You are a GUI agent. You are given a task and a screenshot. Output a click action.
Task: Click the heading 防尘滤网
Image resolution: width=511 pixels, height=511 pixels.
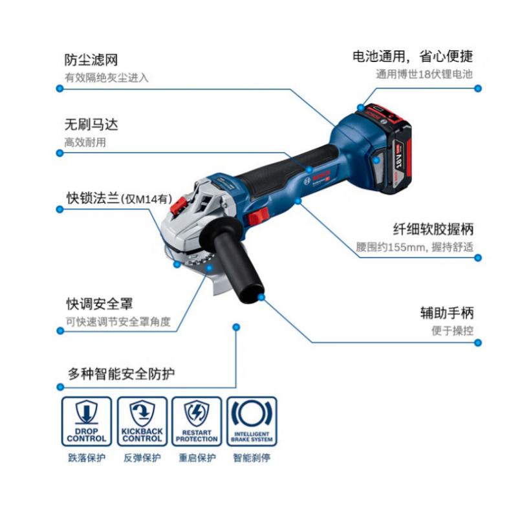click(x=91, y=60)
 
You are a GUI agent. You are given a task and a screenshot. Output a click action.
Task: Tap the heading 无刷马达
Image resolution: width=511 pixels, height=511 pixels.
click(x=91, y=124)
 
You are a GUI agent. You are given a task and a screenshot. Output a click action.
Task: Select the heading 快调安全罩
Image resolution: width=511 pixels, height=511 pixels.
click(x=100, y=304)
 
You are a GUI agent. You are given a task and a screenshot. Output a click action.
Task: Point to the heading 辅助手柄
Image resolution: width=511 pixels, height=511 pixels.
click(x=447, y=313)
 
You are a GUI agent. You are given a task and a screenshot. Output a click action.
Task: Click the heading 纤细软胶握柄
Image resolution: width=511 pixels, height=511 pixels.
click(x=433, y=229)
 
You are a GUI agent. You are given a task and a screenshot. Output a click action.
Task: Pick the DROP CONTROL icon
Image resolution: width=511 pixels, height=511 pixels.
click(x=87, y=421)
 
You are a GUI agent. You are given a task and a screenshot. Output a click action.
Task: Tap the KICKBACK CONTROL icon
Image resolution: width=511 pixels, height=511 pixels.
click(x=142, y=421)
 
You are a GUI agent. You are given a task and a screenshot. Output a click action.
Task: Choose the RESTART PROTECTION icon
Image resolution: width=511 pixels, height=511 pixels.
click(x=197, y=421)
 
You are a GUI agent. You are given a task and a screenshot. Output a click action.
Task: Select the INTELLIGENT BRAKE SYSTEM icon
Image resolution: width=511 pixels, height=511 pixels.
click(x=252, y=421)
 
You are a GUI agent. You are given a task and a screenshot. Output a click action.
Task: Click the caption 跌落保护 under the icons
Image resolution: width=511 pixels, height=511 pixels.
click(x=87, y=458)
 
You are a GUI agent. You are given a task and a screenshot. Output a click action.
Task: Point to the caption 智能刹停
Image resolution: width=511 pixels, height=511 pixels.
click(x=252, y=458)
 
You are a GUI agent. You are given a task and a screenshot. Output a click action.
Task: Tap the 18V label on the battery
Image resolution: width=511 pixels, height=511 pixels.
click(x=399, y=157)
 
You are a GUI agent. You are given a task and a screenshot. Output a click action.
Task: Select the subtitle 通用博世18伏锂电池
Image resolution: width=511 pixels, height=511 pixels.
click(x=424, y=74)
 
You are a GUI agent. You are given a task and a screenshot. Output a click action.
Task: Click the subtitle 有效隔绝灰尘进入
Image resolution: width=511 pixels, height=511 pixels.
click(x=107, y=78)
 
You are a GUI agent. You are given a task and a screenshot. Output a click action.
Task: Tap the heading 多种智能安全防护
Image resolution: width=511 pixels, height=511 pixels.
click(x=121, y=373)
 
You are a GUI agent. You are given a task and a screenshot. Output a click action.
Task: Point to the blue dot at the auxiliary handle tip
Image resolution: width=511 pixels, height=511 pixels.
click(x=261, y=297)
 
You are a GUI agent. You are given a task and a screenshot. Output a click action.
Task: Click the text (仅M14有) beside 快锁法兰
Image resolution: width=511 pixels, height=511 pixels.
click(x=146, y=199)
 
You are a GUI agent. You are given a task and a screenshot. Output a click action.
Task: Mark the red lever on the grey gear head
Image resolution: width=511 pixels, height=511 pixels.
click(x=179, y=206)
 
